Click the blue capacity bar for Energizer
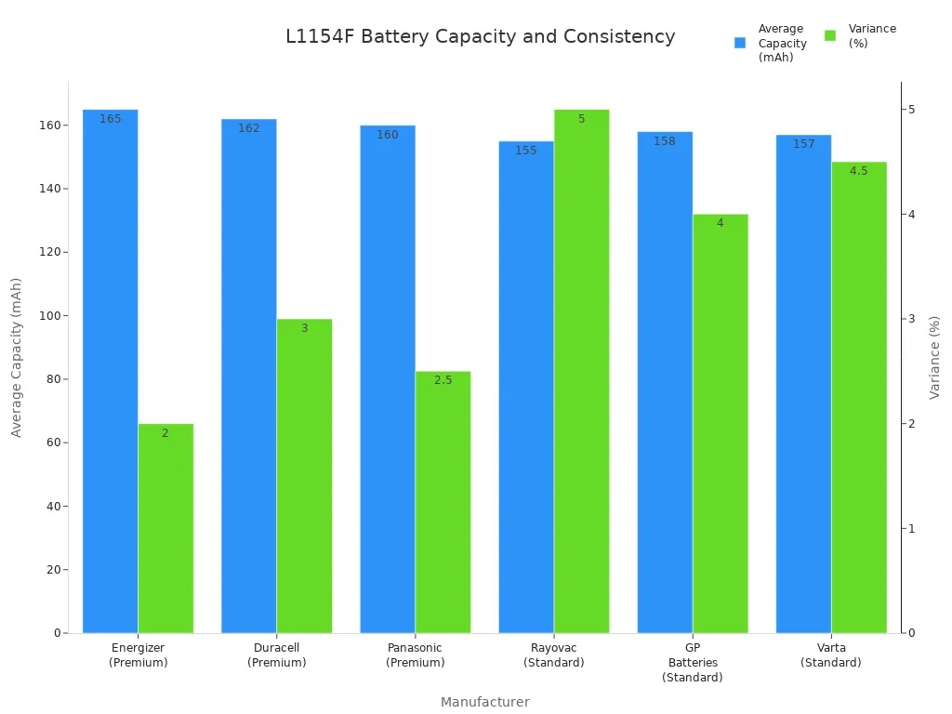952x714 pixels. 110,372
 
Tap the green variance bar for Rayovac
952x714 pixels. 581,372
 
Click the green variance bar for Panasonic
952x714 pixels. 443,502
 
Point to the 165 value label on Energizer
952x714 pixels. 110,119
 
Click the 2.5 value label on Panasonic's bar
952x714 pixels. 443,380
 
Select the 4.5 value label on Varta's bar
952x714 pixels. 858,171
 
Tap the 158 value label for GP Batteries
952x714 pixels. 664,141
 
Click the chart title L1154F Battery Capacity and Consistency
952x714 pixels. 480,37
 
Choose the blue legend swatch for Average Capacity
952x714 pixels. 740,43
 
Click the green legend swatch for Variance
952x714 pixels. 830,36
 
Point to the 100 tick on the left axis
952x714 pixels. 48,316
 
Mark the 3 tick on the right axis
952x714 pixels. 911,319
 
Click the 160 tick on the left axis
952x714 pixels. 48,126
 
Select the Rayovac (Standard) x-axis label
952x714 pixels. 553,655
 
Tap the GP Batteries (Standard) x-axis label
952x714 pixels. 692,663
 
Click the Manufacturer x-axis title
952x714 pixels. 484,702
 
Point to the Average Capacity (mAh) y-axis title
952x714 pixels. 17,357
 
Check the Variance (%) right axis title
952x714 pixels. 934,357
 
